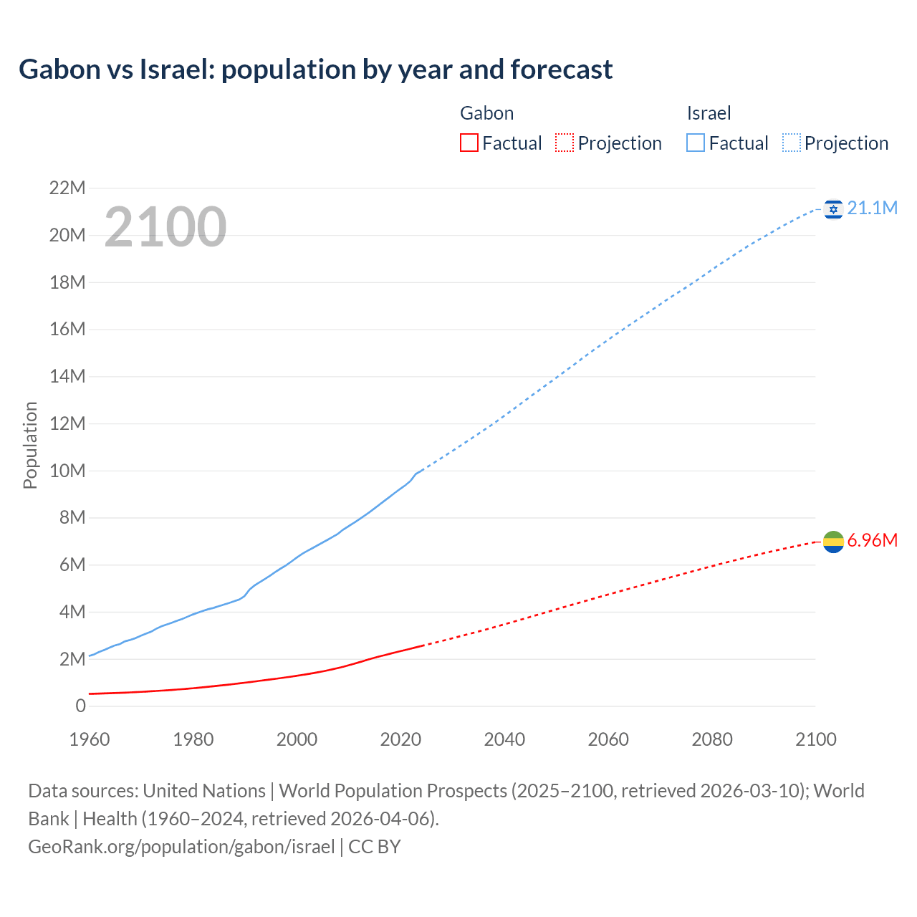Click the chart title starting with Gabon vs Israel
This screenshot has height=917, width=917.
315,69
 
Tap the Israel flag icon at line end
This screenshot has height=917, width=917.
833,209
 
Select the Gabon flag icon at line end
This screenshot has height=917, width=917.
833,542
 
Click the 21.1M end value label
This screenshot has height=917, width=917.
872,208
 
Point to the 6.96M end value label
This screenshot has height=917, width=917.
872,540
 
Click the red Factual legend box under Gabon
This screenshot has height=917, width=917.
469,143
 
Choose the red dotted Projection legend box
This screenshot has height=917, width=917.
565,143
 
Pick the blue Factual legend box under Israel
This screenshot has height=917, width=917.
695,143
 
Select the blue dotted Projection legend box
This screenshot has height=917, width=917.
792,143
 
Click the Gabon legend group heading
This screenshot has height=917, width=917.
486,113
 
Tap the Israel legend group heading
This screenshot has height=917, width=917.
709,113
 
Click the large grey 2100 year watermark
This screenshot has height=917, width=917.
165,227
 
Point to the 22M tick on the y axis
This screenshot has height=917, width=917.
67,188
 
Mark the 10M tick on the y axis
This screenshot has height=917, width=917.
67,471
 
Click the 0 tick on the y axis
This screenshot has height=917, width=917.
80,706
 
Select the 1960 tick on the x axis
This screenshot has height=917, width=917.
90,739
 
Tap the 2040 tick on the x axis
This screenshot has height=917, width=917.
504,739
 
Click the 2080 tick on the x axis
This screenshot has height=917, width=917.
712,739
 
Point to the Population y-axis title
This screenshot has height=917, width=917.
30,445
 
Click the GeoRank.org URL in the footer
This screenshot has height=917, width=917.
181,847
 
